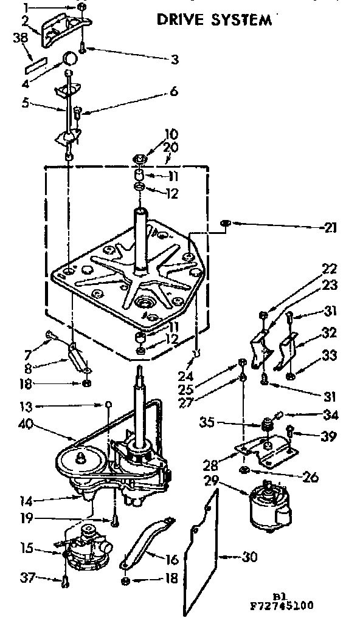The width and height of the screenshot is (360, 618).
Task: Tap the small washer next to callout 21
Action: coord(225,225)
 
